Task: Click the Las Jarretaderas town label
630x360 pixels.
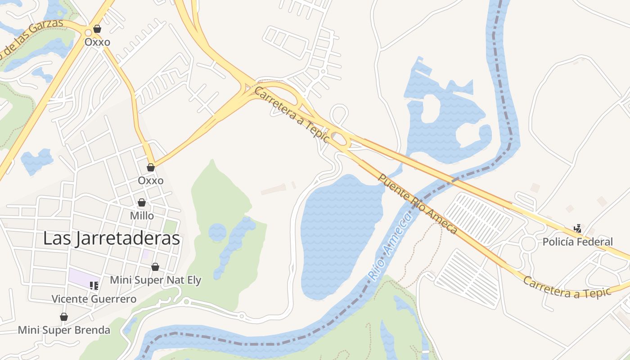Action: click(x=111, y=238)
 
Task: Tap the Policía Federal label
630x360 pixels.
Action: click(x=577, y=242)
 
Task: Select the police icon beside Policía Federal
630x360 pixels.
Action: click(x=577, y=229)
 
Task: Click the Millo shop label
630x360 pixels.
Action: click(x=142, y=216)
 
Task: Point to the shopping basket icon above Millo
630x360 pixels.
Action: click(x=142, y=202)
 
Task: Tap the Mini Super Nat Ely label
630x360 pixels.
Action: click(x=155, y=280)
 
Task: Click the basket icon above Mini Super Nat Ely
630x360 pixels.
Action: click(x=155, y=267)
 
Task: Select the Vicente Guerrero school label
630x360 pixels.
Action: click(x=94, y=299)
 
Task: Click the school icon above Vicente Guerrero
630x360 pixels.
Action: click(x=94, y=285)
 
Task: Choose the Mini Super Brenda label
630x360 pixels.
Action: click(x=64, y=330)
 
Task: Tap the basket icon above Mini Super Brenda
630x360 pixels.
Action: click(x=64, y=317)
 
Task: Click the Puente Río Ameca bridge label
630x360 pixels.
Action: click(x=417, y=204)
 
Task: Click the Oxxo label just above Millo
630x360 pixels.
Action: click(x=151, y=180)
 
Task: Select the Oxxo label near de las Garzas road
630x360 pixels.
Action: click(x=97, y=42)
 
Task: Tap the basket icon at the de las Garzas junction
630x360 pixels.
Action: click(x=97, y=29)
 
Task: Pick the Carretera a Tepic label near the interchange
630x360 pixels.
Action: click(x=292, y=115)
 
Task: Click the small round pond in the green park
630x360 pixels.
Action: click(x=217, y=232)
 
